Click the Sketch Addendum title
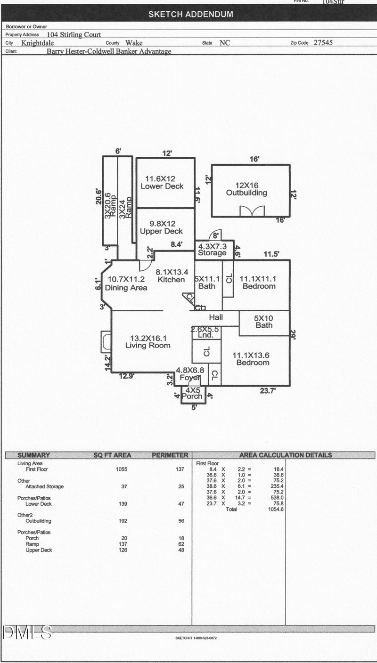pos(190,14)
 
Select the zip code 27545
pos(323,42)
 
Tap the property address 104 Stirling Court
pos(74,34)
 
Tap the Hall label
pos(216,317)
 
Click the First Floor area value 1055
pos(122,469)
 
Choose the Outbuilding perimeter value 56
pos(181,521)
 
